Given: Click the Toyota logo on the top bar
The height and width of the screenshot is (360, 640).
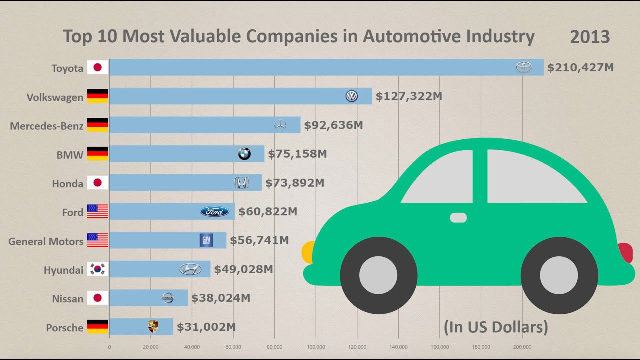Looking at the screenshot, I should [524, 67].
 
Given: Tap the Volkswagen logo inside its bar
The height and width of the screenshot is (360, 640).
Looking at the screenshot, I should [352, 96].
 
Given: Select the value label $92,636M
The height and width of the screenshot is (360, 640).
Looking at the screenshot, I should [333, 125].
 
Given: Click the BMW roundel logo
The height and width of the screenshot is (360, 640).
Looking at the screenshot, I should [244, 154].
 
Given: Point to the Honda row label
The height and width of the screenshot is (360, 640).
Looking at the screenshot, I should [68, 184].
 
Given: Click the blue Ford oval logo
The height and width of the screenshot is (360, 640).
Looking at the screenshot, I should [214, 212].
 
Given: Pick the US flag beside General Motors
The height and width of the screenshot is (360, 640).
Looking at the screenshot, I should [98, 240].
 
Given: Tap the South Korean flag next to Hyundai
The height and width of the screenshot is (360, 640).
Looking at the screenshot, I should [98, 269].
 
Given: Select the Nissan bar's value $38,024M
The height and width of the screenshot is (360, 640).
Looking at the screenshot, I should [221, 298].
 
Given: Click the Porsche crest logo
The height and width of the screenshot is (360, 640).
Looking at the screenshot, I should [153, 327].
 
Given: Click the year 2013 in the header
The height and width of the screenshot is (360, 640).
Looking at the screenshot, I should [590, 37].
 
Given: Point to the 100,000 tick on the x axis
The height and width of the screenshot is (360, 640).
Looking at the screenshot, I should [316, 346].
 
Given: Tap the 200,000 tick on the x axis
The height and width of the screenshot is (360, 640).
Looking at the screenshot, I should [522, 346].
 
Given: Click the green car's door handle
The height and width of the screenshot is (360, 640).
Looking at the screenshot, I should [458, 218].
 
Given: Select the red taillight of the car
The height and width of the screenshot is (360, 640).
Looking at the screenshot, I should [626, 252].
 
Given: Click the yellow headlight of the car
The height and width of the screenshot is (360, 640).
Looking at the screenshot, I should [308, 252].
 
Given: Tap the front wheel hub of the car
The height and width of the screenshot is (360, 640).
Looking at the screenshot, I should [378, 275].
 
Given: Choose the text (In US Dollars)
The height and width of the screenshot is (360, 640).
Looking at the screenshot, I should [496, 327].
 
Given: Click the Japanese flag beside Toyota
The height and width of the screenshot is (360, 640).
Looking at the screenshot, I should [98, 68].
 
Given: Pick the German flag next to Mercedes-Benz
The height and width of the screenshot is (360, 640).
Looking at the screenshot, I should [98, 125].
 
